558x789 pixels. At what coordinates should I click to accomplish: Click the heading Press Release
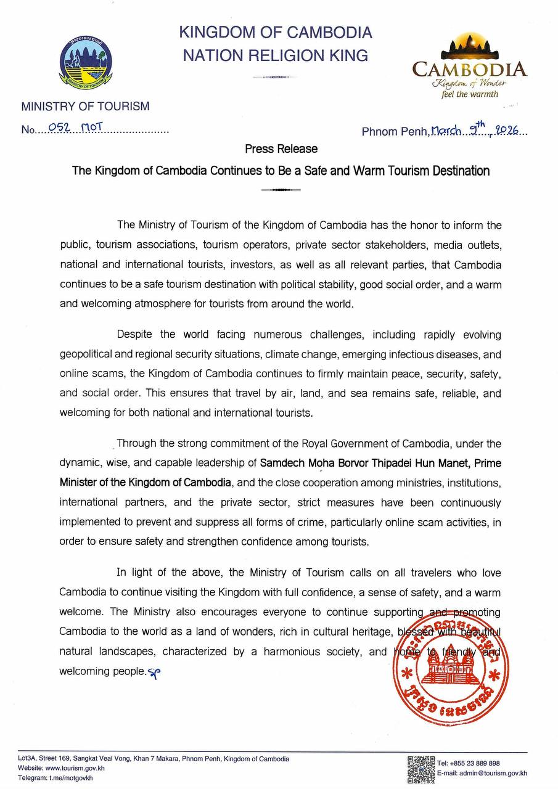pyautogui.click(x=281, y=149)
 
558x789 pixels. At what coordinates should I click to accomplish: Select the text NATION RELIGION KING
pyautogui.click(x=275, y=55)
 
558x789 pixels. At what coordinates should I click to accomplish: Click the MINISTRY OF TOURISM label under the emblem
pyautogui.click(x=85, y=106)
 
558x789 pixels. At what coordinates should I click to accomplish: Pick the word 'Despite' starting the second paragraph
pyautogui.click(x=135, y=335)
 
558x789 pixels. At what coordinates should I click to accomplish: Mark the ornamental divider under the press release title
pyautogui.click(x=281, y=190)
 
